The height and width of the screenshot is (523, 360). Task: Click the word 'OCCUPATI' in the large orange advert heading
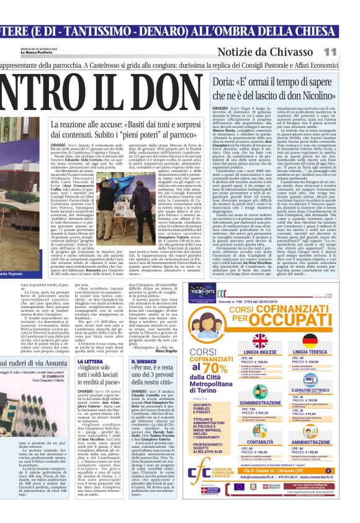[299, 322]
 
